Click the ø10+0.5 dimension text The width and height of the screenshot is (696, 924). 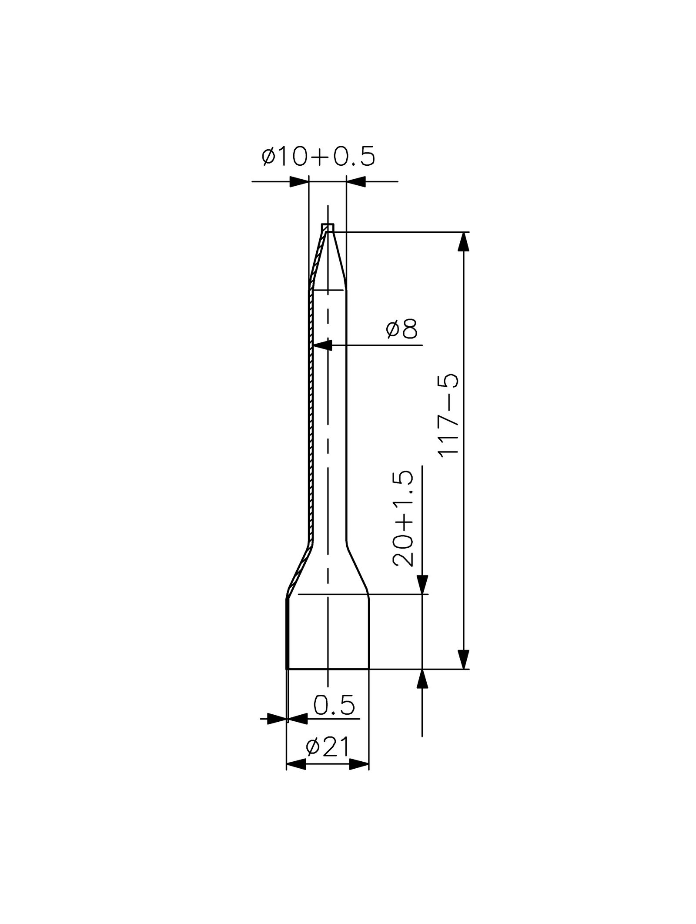tap(318, 157)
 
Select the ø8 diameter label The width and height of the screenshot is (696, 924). tap(401, 330)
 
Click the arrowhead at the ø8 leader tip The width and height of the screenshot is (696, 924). tap(322, 345)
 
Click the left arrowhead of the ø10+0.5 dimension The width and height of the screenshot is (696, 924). tap(299, 181)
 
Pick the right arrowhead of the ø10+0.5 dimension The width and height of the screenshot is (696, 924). tap(356, 181)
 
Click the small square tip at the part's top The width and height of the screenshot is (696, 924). tap(328, 228)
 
